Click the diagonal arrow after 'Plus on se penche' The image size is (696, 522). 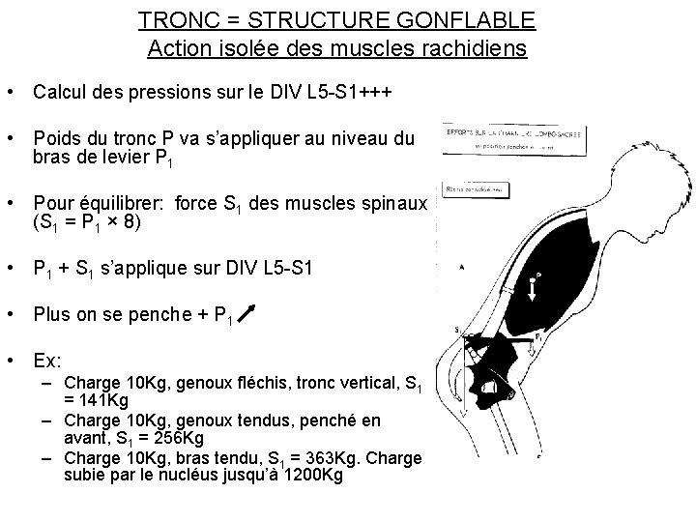pyautogui.click(x=247, y=312)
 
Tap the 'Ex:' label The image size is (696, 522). pyautogui.click(x=47, y=360)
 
